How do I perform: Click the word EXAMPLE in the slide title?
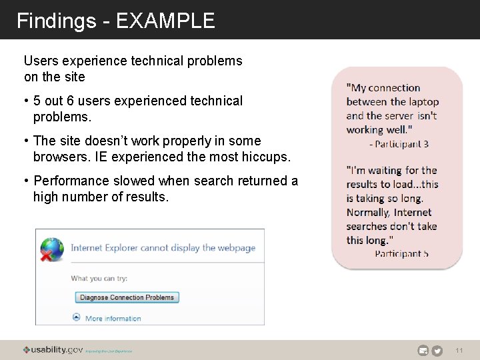[x=165, y=21]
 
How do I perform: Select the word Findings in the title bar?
[x=56, y=21]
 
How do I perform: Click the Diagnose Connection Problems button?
[x=127, y=297]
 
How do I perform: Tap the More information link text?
[x=113, y=319]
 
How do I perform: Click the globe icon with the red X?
[x=52, y=249]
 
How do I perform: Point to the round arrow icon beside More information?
[x=77, y=318]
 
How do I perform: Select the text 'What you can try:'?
[x=99, y=279]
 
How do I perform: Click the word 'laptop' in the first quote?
[x=419, y=102]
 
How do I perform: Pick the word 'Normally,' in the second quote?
[x=369, y=213]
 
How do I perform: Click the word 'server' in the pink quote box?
[x=400, y=116]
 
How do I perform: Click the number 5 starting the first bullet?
[x=37, y=101]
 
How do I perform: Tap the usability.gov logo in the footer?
[x=53, y=350]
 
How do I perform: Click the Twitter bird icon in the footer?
[x=437, y=351]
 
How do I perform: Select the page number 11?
[x=459, y=351]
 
